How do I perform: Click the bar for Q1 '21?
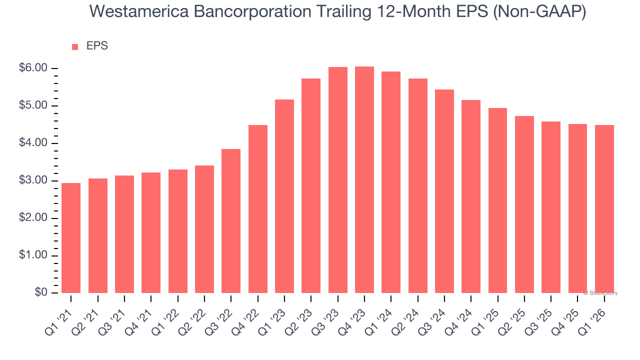[71, 238]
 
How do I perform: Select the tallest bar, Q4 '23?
[364, 180]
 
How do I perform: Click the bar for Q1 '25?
[497, 200]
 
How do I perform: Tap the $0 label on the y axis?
[41, 293]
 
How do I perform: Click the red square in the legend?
[75, 47]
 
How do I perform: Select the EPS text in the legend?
[97, 46]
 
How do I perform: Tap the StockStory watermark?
[601, 293]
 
